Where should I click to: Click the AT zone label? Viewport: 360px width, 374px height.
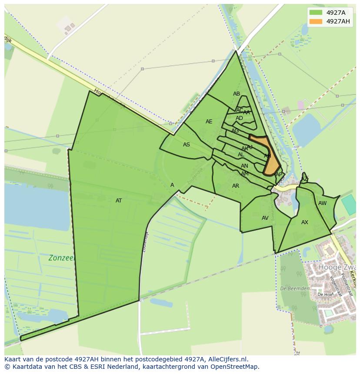tap(119, 201)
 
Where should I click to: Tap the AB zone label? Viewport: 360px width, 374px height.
tap(237, 94)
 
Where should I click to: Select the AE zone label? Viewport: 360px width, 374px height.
tap(209, 122)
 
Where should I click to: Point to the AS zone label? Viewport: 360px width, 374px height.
tap(187, 145)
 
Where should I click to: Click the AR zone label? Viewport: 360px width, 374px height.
tap(236, 186)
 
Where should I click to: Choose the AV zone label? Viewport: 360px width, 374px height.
tap(265, 218)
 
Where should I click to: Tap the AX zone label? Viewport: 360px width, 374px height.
tap(305, 222)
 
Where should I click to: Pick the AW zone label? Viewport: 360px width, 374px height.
tap(322, 203)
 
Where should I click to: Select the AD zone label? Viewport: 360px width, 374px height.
tap(240, 118)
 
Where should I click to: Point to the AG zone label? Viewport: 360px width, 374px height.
tap(235, 131)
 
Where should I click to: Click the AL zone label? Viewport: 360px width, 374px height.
tap(241, 155)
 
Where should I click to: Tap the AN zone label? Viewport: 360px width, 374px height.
tap(244, 166)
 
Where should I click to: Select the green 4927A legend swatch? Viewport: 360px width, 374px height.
tap(316, 13)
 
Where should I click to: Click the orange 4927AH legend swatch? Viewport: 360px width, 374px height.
tap(316, 21)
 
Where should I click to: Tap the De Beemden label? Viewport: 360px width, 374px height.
tap(295, 288)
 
